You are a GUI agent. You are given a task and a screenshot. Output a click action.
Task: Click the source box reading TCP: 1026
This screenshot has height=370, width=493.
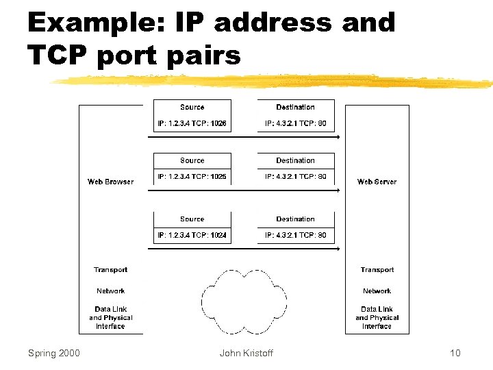click(192, 124)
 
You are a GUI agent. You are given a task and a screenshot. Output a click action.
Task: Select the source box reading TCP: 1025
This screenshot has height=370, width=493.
click(192, 177)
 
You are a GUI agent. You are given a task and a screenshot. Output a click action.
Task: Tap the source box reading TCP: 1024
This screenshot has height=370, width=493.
click(192, 236)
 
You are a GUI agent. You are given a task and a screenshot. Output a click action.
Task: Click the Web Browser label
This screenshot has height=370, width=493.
click(110, 182)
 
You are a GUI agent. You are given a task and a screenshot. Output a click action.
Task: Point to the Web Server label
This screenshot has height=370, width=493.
click(377, 182)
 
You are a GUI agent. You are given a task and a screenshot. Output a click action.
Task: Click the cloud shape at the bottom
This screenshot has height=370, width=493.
click(244, 301)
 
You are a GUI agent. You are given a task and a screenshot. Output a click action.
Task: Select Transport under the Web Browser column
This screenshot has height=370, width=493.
click(110, 270)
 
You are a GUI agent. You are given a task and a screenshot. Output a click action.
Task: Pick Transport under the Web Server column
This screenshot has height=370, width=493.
click(377, 270)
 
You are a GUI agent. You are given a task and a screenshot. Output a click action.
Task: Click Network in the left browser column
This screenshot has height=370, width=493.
click(110, 291)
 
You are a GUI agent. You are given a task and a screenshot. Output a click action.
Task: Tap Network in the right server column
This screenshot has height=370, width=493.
click(377, 291)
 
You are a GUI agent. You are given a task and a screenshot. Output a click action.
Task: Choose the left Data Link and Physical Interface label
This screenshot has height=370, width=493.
click(110, 318)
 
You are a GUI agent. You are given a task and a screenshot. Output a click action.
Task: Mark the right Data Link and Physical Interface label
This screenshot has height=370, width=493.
click(377, 318)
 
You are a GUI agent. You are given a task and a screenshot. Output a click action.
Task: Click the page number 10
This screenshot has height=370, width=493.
click(455, 353)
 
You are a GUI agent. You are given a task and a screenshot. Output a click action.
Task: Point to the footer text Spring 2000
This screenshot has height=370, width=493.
click(53, 353)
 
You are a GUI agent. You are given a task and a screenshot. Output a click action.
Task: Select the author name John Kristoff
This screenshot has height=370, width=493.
click(246, 353)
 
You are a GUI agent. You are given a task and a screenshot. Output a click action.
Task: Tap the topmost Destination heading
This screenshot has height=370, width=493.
click(295, 107)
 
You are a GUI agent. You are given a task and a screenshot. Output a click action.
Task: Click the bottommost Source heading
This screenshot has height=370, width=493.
click(192, 219)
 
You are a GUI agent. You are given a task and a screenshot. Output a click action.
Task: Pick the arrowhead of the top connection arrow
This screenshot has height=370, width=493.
click(337, 137)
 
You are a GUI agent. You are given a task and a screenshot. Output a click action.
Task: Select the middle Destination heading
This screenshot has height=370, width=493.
click(295, 160)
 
